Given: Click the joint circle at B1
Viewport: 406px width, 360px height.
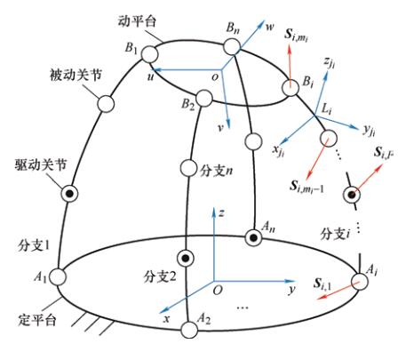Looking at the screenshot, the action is point(149,54).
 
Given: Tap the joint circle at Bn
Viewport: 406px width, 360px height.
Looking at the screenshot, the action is point(232,46).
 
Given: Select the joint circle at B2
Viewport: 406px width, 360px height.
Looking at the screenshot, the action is point(204,99).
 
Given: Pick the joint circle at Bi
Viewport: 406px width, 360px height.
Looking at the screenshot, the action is point(290,88).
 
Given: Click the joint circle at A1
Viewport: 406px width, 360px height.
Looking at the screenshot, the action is point(58,277).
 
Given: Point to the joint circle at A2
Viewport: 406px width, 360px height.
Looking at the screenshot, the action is point(189,330).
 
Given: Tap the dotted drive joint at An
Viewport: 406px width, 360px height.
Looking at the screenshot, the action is point(253,237).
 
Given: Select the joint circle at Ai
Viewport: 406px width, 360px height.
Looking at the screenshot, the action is point(359,282).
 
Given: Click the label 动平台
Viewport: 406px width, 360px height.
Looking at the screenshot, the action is point(137,21).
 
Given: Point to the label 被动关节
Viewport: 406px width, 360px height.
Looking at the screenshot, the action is point(76,75).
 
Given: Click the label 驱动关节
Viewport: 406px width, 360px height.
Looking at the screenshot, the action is point(41,164).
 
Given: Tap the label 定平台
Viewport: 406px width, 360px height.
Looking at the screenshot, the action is point(37,320).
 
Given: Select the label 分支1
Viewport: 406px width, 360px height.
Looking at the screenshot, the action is point(34,245).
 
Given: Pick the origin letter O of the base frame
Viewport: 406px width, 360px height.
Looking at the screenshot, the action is point(218,290).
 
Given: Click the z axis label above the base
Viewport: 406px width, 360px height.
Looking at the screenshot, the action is point(221,213).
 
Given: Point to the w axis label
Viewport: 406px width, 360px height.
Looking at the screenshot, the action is point(270,27).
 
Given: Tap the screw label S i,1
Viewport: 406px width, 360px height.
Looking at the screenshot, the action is point(322,284).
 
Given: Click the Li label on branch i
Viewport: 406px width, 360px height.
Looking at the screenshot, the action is point(327,110).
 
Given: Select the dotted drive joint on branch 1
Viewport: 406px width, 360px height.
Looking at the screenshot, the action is point(69,194).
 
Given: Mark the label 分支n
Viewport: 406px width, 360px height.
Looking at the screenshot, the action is point(216,171).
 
